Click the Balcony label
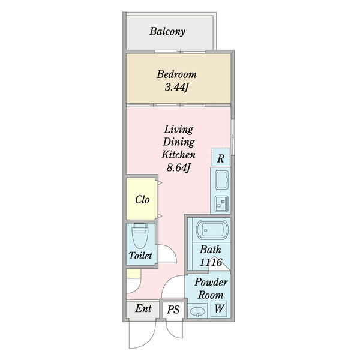(x=167, y=32)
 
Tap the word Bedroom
(x=176, y=74)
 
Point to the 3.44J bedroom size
(x=176, y=87)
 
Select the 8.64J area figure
(x=178, y=168)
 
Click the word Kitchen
(x=178, y=155)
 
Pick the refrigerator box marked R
(x=221, y=157)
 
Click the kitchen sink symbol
(x=222, y=180)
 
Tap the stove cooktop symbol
(x=222, y=203)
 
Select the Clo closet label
(x=142, y=200)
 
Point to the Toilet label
(x=140, y=256)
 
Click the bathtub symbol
(x=212, y=230)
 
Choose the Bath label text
(x=211, y=250)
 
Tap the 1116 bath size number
(x=211, y=262)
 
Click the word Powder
(x=211, y=282)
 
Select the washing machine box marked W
(x=219, y=308)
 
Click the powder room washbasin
(x=197, y=311)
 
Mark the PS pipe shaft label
(x=173, y=310)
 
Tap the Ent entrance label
(x=143, y=308)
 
